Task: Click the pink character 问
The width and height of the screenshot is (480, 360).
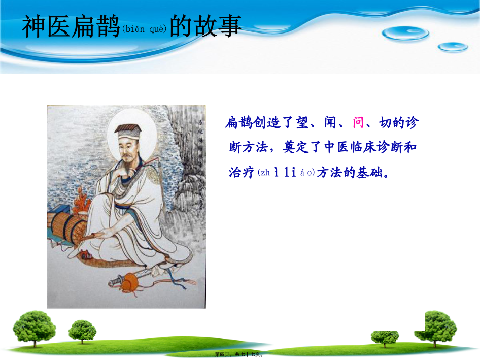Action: (x=358, y=122)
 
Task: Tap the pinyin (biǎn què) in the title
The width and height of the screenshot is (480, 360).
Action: (x=144, y=29)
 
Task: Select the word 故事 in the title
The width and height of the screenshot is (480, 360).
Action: (x=218, y=26)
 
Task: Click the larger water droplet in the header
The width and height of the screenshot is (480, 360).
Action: (x=405, y=34)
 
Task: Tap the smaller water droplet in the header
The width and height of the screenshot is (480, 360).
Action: (x=453, y=47)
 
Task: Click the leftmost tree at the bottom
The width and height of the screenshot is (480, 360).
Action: (x=34, y=328)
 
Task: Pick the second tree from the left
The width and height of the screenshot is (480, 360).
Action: (x=82, y=331)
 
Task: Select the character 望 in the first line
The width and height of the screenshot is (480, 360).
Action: (x=302, y=122)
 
